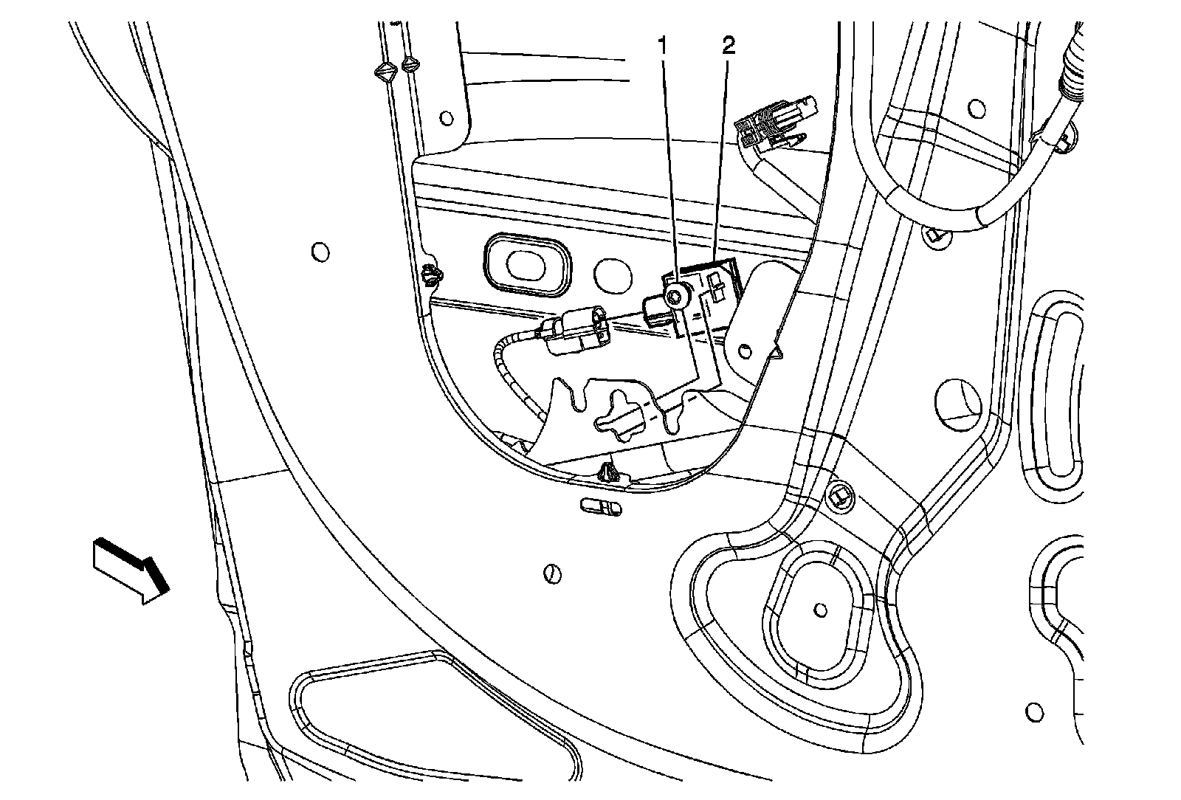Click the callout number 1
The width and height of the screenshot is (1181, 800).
(x=662, y=46)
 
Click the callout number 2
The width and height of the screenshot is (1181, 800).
(x=728, y=46)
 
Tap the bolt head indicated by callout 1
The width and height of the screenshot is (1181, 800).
(x=675, y=297)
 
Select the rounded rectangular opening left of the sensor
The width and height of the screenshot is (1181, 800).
(x=527, y=264)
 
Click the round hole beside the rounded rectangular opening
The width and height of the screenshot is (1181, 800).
(x=612, y=273)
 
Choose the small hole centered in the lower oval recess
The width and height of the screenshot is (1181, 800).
(x=819, y=610)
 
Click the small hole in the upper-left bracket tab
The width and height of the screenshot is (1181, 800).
(x=445, y=117)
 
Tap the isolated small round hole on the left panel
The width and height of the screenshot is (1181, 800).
(x=320, y=252)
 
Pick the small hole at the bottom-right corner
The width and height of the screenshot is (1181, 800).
(x=1036, y=713)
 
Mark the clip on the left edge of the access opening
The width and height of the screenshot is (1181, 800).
(x=430, y=276)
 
